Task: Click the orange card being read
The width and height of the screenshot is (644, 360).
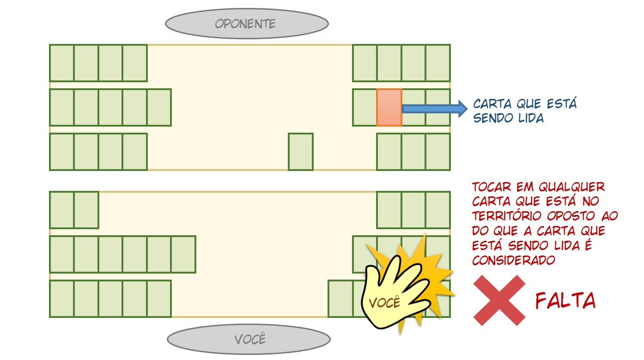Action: coord(389,108)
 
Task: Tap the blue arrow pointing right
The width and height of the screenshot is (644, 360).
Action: coord(435,109)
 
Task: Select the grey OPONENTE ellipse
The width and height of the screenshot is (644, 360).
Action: coord(247,24)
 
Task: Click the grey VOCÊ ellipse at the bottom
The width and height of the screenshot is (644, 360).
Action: coord(249,339)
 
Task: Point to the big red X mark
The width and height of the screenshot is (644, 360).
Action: coord(499,300)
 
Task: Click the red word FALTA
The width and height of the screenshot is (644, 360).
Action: coord(565,301)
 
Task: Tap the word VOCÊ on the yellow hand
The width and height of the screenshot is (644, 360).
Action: coord(384,302)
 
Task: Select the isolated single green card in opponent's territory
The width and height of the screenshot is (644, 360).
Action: coord(301,152)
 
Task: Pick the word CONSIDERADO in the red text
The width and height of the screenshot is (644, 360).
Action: coord(513,261)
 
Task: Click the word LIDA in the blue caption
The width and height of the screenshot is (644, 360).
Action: coord(531,118)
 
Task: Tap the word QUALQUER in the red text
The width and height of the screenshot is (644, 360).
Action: coord(571,187)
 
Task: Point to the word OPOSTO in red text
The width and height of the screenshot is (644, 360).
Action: coord(571,216)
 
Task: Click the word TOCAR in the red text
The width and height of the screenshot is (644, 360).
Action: coord(492,187)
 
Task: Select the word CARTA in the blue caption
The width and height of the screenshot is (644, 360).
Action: coord(492,104)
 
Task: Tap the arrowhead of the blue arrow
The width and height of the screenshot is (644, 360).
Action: coord(462,109)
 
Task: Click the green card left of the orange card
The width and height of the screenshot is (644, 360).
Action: coord(364,108)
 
